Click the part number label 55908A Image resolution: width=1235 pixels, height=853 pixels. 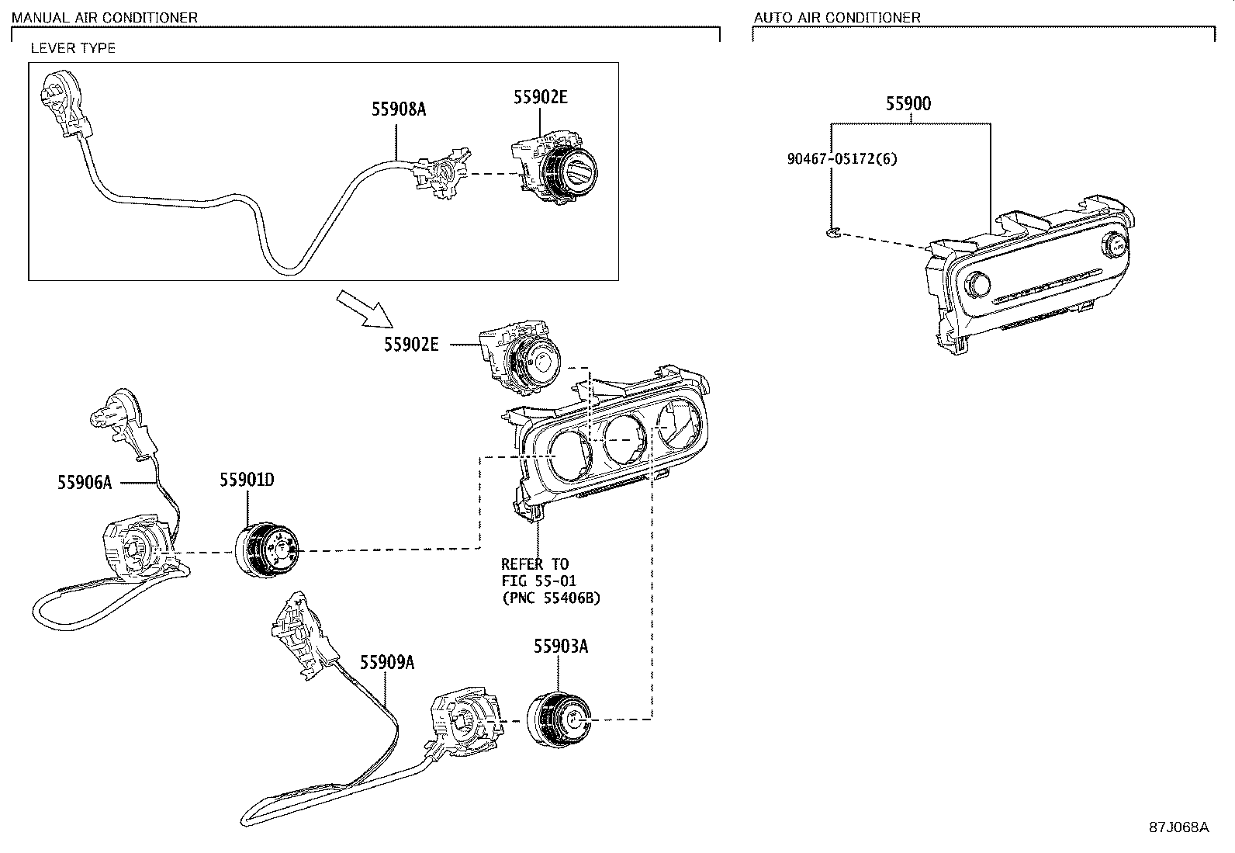coord(398,109)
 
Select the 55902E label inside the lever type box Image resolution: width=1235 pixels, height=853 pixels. coord(540,97)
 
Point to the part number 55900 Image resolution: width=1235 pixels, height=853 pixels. coord(909,103)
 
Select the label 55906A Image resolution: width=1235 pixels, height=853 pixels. coord(84,483)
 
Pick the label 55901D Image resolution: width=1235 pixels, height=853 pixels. coord(247,480)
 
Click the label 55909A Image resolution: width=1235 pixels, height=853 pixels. coord(386,662)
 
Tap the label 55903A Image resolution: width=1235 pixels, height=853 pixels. coord(560,647)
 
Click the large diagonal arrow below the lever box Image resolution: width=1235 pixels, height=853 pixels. coord(364,307)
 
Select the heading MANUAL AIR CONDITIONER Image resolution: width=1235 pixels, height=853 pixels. coord(104,17)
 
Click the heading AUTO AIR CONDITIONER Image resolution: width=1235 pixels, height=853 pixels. coord(837,17)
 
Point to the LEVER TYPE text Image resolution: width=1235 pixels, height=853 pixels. coord(73,48)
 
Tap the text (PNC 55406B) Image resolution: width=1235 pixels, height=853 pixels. coord(551,598)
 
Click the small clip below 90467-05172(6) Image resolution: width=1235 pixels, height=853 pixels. coord(831,231)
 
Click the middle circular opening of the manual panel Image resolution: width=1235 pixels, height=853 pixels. coord(624,438)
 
